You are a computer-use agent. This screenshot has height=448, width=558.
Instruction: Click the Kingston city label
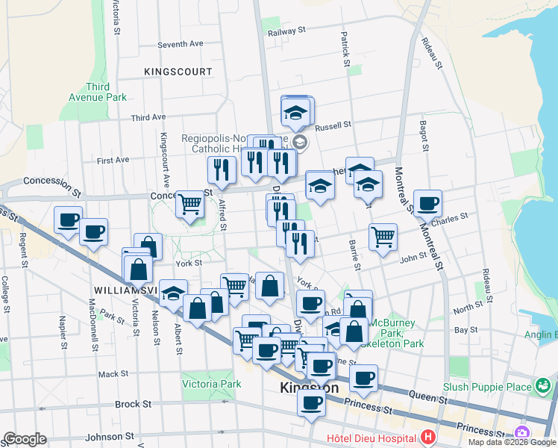308,388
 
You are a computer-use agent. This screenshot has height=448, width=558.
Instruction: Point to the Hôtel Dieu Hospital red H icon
427,437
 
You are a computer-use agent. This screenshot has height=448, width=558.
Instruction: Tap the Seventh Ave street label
180,45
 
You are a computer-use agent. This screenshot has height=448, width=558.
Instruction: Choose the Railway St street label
287,31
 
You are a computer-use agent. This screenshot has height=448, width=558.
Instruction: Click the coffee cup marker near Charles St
427,203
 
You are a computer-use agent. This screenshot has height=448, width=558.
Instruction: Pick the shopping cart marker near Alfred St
190,203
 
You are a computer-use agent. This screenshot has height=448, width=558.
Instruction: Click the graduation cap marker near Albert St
174,293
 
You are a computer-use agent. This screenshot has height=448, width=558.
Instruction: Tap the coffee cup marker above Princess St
311,403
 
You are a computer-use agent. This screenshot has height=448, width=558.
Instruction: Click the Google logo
25,439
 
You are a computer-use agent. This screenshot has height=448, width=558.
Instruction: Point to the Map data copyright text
512,442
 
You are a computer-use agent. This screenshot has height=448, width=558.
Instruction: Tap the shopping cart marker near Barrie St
383,237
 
